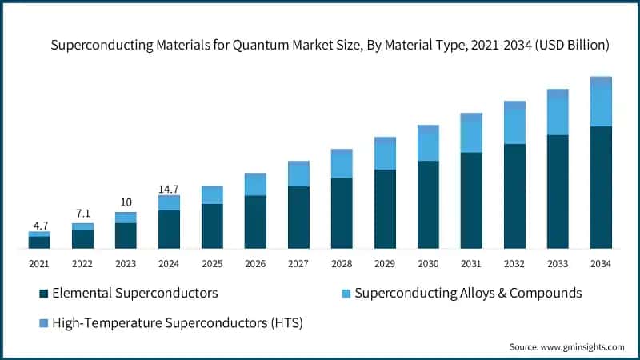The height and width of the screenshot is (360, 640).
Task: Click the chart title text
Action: point(330,46)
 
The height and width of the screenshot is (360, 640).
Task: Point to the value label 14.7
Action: point(169,189)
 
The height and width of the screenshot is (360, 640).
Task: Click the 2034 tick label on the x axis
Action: point(601,263)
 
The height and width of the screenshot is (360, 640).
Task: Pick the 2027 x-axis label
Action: point(298,263)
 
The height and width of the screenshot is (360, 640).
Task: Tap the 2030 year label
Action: point(428,263)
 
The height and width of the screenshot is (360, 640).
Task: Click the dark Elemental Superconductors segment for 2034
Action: point(601,187)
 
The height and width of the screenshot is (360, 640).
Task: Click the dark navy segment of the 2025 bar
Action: point(212,226)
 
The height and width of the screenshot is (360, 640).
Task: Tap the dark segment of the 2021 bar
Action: point(39,242)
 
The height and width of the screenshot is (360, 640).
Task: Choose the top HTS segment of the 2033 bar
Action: point(558,94)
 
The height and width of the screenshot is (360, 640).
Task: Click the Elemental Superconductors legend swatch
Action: point(43,293)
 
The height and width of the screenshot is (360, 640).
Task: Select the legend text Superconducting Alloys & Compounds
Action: point(468,293)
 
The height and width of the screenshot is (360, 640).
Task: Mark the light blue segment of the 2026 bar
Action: point(255,185)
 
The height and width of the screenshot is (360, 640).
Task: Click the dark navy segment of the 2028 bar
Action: point(342,213)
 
